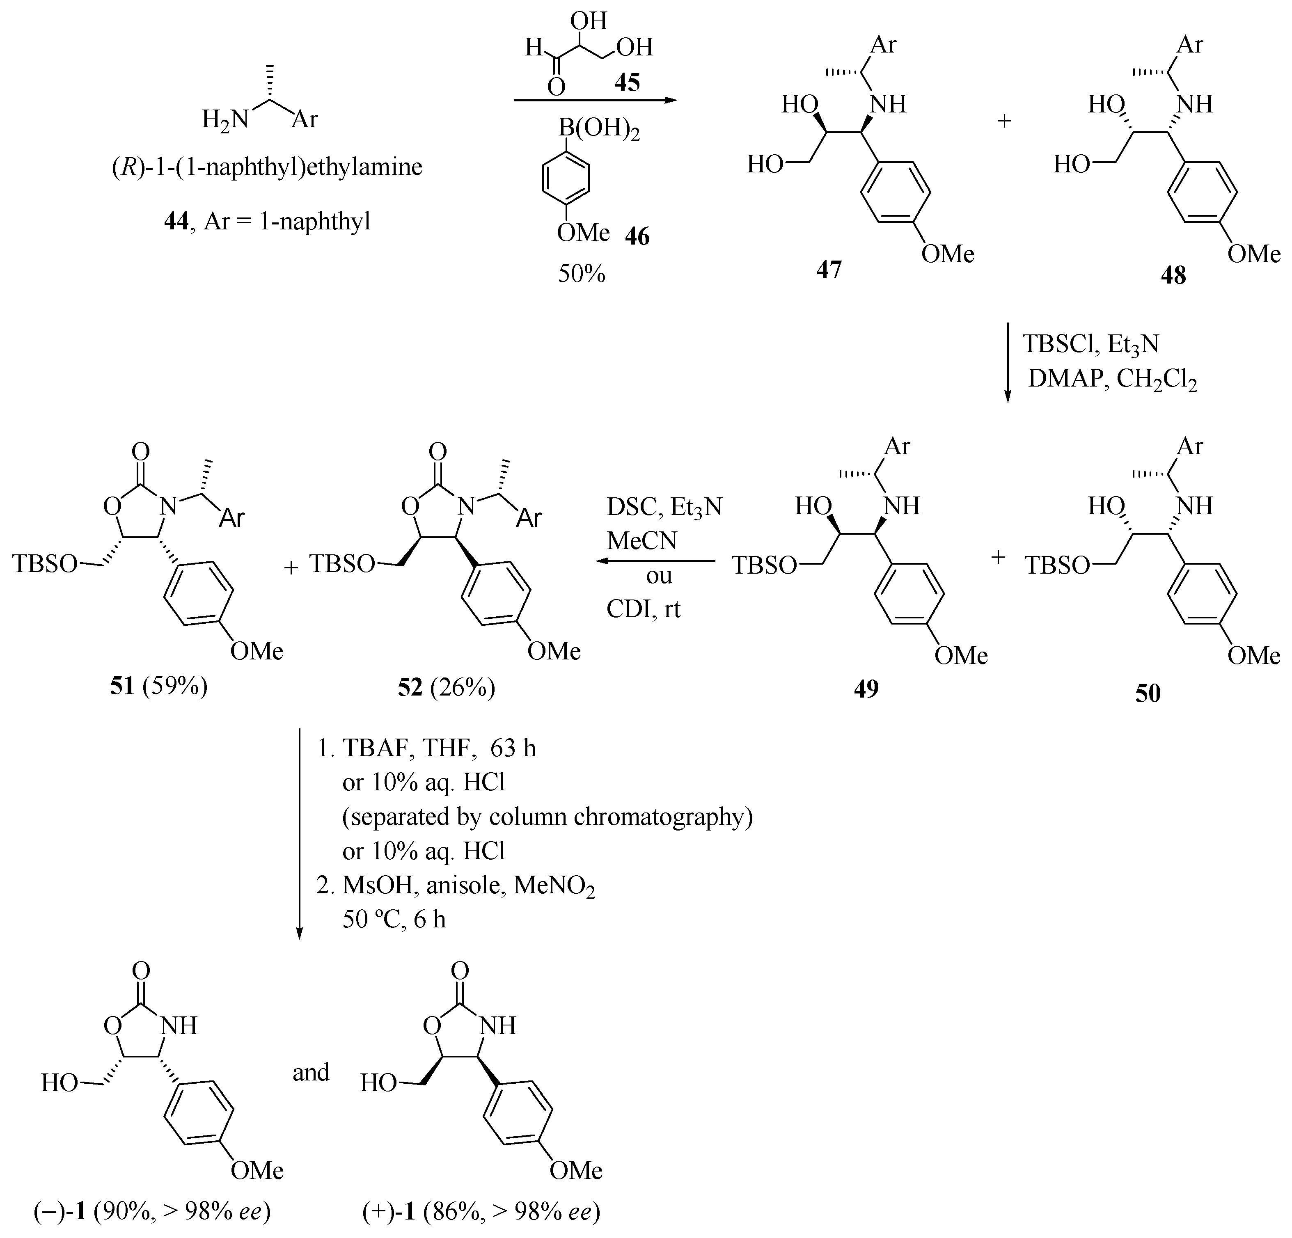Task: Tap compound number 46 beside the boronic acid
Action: click(637, 236)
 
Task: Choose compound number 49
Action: click(866, 688)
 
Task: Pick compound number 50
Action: click(1148, 693)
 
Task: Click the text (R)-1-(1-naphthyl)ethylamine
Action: click(266, 167)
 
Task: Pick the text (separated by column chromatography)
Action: click(547, 817)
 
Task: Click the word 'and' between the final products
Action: click(310, 1073)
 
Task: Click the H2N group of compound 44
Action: click(225, 119)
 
